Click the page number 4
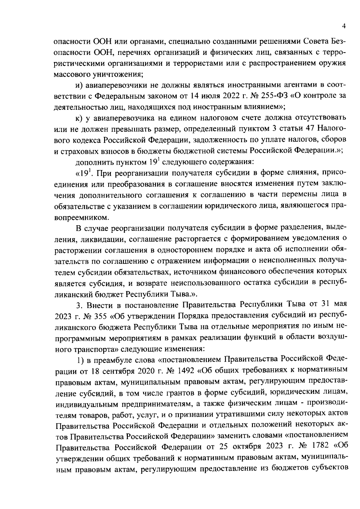(344, 26)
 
